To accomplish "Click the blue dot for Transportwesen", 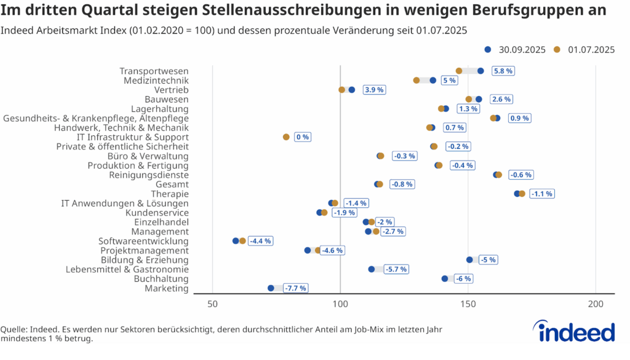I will (480, 71).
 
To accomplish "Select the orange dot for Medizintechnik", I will (417, 80).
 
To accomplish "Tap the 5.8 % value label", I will (503, 71).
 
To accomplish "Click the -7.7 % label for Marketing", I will (295, 288).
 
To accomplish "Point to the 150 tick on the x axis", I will (468, 305).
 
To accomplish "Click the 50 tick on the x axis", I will (213, 305).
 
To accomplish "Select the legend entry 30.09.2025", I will (516, 50).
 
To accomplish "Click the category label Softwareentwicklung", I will (143, 241).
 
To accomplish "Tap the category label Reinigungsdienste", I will (149, 175).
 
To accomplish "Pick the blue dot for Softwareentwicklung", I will (236, 241).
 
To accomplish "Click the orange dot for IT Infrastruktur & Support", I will (286, 137).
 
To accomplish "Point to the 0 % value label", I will (303, 137).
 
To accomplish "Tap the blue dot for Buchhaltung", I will (445, 279).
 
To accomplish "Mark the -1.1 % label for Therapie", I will (542, 194).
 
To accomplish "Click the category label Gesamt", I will (172, 185).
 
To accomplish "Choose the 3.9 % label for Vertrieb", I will (374, 90).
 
